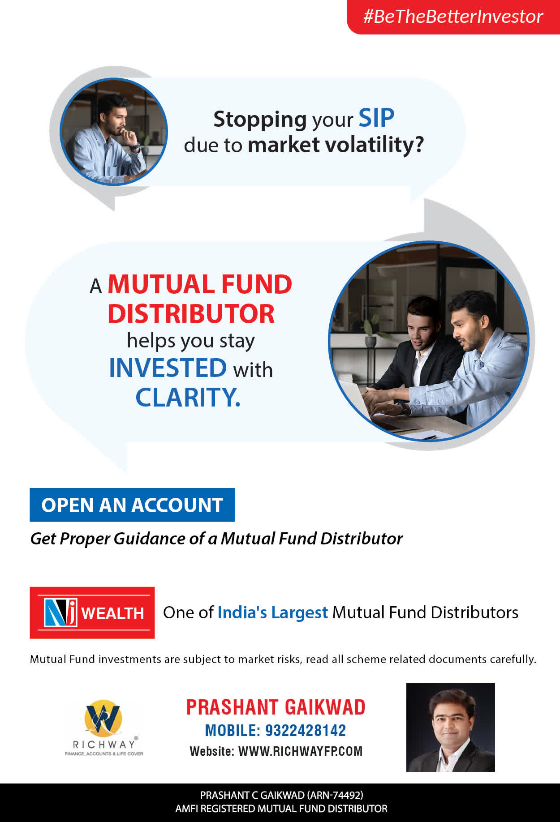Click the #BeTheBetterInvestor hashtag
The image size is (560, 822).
click(x=453, y=17)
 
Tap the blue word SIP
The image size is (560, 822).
click(x=376, y=118)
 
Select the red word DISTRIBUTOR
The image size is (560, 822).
click(x=191, y=313)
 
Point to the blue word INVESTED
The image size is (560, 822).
click(x=168, y=368)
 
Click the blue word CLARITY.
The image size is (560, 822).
click(x=188, y=397)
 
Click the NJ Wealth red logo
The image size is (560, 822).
click(x=92, y=612)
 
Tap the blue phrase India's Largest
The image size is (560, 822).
click(x=273, y=612)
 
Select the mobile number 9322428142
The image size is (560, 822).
click(x=306, y=730)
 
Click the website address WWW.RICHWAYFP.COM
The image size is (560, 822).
click(x=300, y=751)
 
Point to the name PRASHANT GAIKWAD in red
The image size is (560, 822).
click(x=276, y=707)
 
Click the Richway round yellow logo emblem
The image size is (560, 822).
click(x=103, y=718)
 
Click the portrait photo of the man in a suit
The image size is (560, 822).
click(x=450, y=727)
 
